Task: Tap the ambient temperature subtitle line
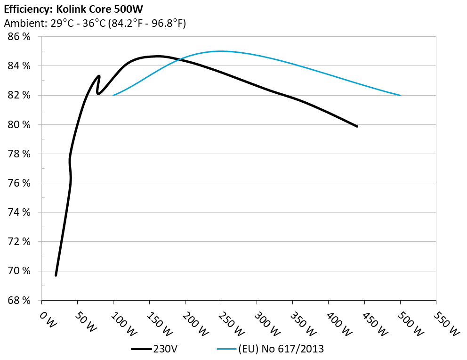95,23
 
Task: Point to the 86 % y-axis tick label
19,37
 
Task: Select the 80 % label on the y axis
19,125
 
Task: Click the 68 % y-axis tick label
19,301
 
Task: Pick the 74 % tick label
19,213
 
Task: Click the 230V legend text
165,349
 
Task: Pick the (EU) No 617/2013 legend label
281,349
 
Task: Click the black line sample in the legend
141,349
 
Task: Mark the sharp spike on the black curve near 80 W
99,76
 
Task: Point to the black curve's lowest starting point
56,275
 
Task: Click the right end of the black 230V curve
357,126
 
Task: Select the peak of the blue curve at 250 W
221,51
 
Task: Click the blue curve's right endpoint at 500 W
400,95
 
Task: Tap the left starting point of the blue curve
113,95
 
